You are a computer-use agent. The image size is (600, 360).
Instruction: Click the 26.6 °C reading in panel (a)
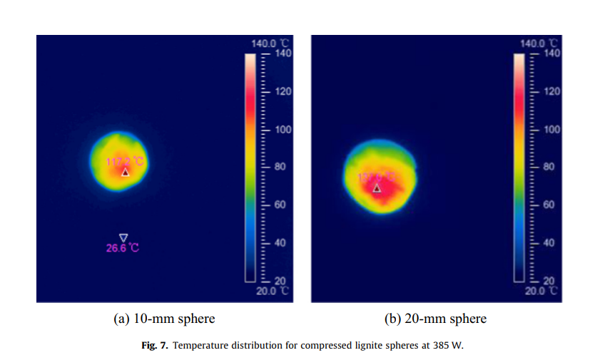tap(123, 248)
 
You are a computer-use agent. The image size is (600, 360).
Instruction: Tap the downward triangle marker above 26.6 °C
tap(123, 237)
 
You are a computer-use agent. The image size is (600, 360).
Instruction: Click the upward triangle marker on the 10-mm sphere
tap(125, 172)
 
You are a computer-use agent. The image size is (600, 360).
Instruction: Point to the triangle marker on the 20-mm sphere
tap(377, 188)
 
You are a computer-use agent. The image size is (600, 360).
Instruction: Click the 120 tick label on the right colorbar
tap(550, 92)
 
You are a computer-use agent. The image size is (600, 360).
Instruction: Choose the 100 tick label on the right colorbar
tap(550, 130)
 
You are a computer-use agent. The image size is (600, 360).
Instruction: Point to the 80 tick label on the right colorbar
tap(549, 168)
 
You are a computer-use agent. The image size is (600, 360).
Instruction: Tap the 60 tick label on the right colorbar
tap(549, 205)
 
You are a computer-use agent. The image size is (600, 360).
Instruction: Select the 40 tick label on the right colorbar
tap(549, 243)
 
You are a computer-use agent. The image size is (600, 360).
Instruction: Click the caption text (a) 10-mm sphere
tap(164, 319)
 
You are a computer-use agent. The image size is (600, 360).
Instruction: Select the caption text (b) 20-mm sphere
tap(436, 319)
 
